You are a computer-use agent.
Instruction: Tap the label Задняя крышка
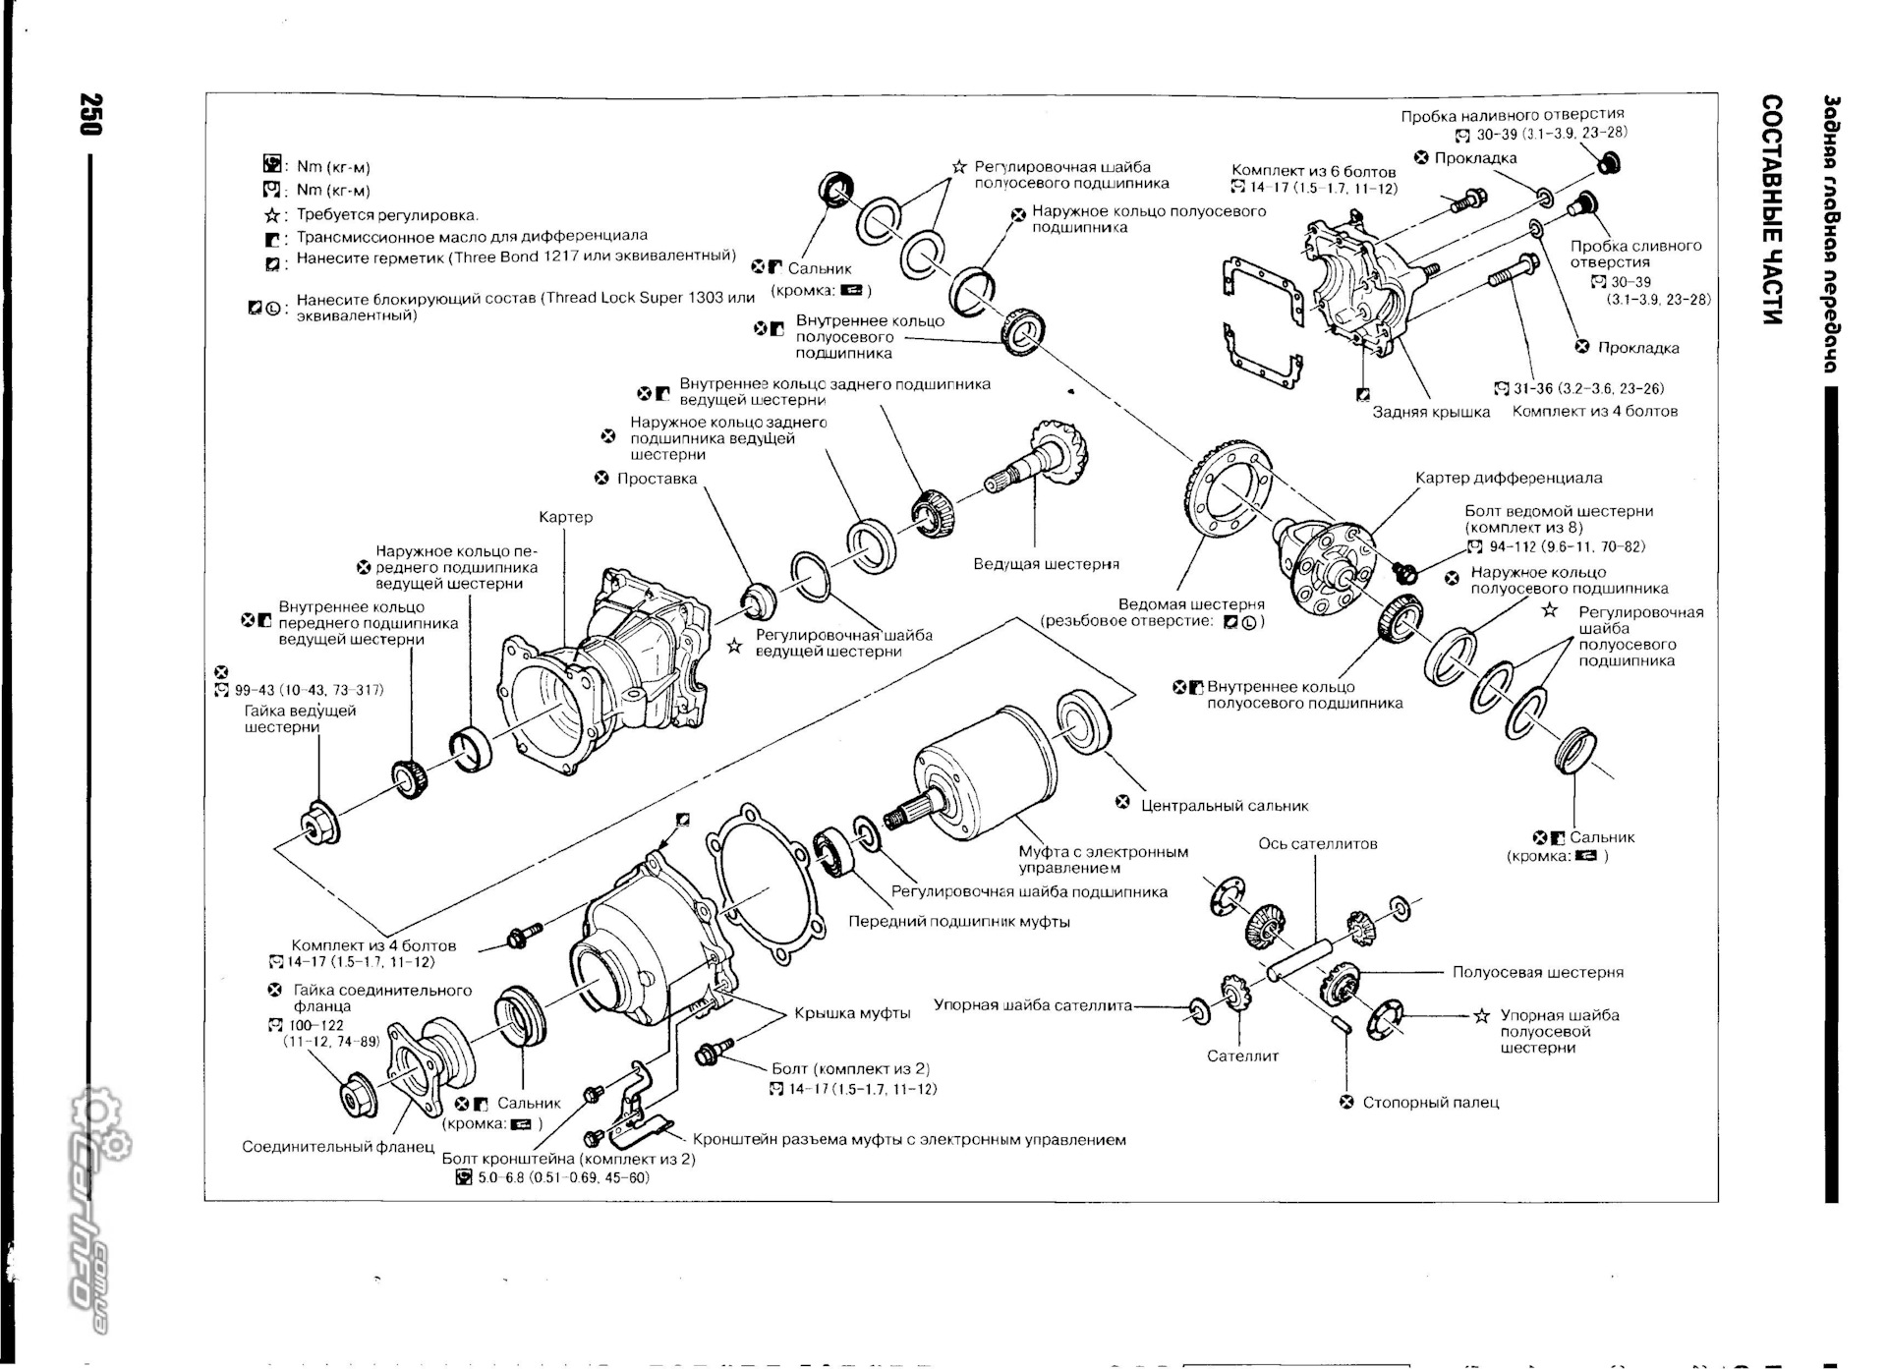pos(1430,412)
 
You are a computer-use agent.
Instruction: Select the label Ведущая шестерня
pos(1046,564)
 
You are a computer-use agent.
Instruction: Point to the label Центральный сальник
pos(1224,806)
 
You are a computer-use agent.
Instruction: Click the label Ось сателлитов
pos(1317,844)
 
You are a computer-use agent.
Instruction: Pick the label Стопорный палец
pos(1430,1103)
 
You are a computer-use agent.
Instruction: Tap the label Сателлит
pos(1242,1056)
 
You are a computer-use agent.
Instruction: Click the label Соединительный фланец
pos(337,1147)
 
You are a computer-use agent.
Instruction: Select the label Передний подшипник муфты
pos(958,922)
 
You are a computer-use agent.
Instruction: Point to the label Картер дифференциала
pos(1508,479)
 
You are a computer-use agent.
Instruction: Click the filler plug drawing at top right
pos(1609,162)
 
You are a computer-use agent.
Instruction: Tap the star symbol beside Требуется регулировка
pos(272,215)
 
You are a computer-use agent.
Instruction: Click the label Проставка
pos(656,480)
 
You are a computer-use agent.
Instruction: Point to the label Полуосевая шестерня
pos(1537,973)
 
